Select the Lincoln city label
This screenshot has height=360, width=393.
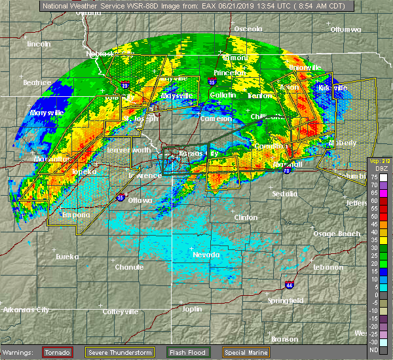39,44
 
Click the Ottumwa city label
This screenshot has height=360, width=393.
345,30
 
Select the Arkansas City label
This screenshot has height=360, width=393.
25,310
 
